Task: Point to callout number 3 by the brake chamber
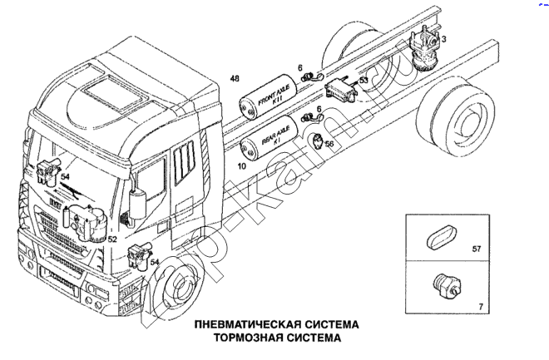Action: [444, 39]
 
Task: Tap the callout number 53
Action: [364, 81]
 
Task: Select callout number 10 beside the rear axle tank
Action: [242, 166]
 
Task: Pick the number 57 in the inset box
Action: [477, 249]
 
